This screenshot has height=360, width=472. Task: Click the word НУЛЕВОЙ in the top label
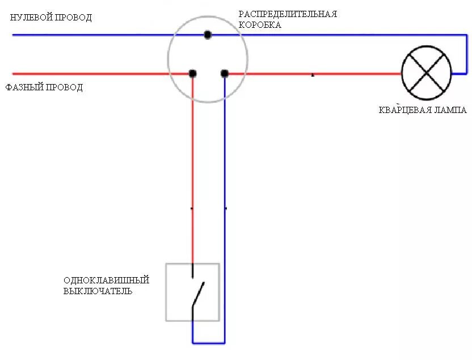[30, 18]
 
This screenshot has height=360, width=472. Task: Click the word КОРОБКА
[259, 25]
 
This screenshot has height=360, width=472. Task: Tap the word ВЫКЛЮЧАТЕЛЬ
[98, 292]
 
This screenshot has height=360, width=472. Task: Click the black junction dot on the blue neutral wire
[208, 35]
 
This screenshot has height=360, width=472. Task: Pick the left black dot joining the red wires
[193, 73]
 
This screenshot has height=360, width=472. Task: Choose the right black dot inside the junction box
[225, 73]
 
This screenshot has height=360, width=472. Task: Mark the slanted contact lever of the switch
[197, 294]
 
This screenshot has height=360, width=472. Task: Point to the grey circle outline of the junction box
[168, 57]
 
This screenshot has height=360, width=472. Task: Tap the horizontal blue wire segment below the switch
[208, 343]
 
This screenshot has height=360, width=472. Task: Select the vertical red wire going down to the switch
[192, 170]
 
